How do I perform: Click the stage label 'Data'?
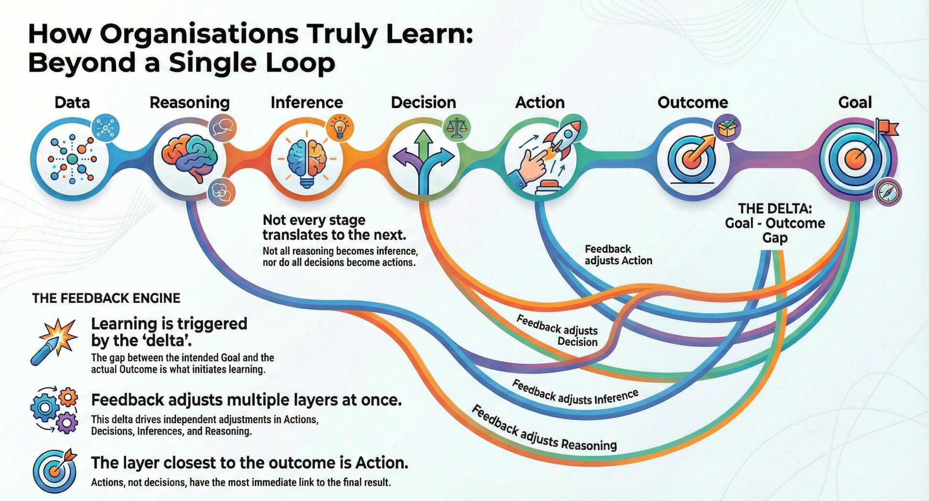pyautogui.click(x=72, y=102)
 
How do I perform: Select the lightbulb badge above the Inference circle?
pyautogui.click(x=340, y=128)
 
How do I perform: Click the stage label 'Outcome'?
pyautogui.click(x=692, y=102)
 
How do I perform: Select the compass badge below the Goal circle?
pyautogui.click(x=888, y=192)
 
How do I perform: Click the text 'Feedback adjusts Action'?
pyautogui.click(x=618, y=255)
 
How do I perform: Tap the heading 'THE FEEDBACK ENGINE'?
pyautogui.click(x=106, y=298)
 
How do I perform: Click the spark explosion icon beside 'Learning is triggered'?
pyautogui.click(x=54, y=341)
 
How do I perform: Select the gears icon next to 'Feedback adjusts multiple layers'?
pyautogui.click(x=54, y=409)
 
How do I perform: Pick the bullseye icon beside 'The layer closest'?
pyautogui.click(x=55, y=471)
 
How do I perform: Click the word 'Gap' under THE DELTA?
pyautogui.click(x=774, y=238)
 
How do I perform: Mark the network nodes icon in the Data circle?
pyautogui.click(x=72, y=159)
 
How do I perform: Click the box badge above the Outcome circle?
pyautogui.click(x=727, y=128)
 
